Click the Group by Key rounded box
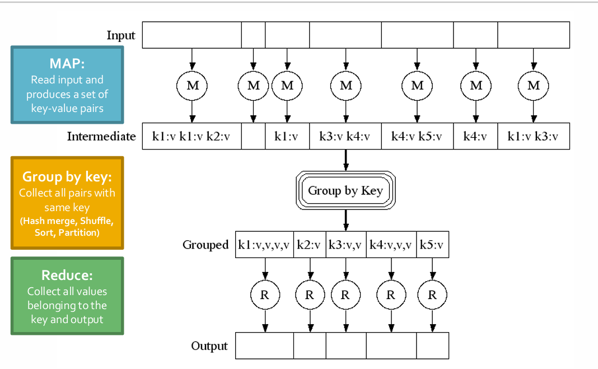coord(345,190)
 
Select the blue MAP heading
coord(67,63)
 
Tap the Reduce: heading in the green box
coord(67,275)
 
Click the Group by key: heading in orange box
coord(67,177)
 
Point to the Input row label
coord(121,35)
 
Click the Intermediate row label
coord(101,136)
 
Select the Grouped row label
coord(205,245)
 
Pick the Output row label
coord(209,345)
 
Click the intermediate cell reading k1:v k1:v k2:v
coord(191,136)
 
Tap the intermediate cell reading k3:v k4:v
coord(345,136)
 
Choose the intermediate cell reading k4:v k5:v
coord(417,136)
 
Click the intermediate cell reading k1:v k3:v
coord(533,136)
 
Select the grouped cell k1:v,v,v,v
coord(264,245)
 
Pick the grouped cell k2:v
coord(310,245)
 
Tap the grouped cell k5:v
coord(432,245)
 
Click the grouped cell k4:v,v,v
coord(391,245)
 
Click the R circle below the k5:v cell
coord(432,295)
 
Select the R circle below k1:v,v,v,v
coord(265,295)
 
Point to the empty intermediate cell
coord(253,136)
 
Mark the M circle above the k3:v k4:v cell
coord(345,86)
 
